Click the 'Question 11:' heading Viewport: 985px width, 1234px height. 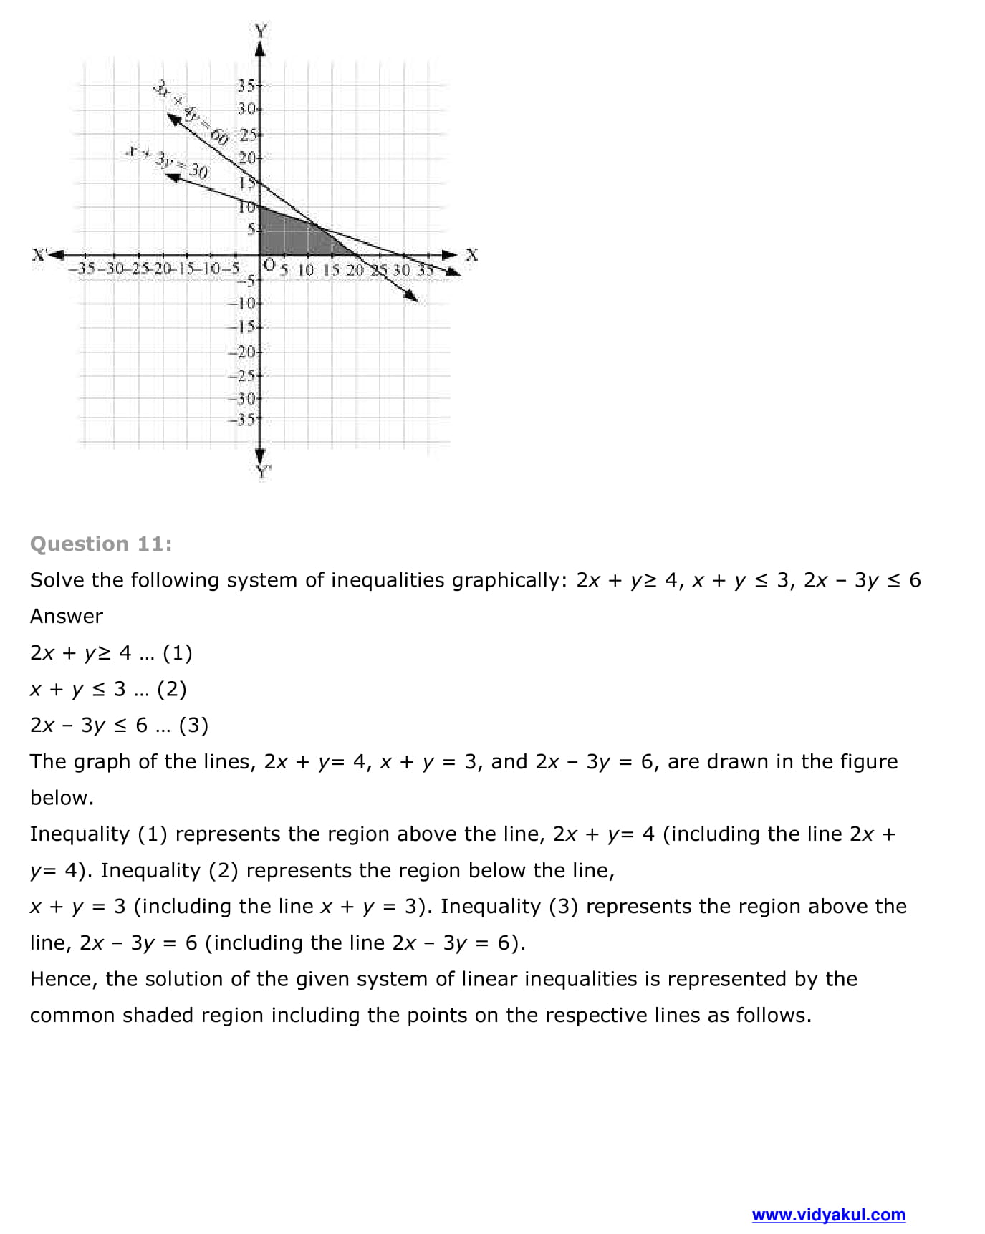[x=101, y=544]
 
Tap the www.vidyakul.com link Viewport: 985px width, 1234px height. [x=828, y=1215]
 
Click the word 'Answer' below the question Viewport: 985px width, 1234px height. [x=66, y=617]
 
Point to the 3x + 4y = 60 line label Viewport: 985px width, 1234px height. [x=190, y=112]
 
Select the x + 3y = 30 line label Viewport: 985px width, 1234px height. [x=167, y=163]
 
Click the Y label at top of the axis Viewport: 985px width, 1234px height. [x=261, y=31]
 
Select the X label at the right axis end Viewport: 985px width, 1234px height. [x=471, y=254]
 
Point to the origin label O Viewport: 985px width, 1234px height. [x=269, y=264]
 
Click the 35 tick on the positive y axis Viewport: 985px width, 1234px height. [x=246, y=86]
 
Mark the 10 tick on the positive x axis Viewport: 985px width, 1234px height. [x=305, y=271]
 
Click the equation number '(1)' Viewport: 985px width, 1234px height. [x=178, y=653]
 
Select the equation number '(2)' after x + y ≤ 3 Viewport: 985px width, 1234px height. [x=171, y=690]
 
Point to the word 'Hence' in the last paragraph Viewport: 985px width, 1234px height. [x=62, y=980]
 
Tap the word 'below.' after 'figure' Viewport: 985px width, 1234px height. [x=62, y=799]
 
